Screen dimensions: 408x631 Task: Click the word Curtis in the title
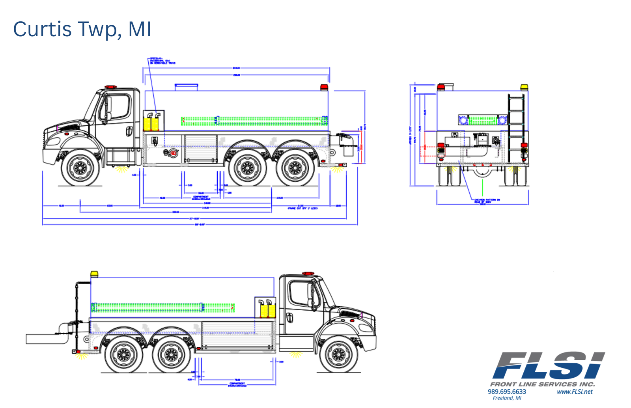pyautogui.click(x=42, y=29)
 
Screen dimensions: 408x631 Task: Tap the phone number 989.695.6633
pyautogui.click(x=507, y=391)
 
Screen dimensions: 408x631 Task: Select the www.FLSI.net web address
pyautogui.click(x=575, y=391)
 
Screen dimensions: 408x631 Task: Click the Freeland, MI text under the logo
pyautogui.click(x=507, y=398)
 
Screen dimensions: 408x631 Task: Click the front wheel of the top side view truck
pyautogui.click(x=80, y=168)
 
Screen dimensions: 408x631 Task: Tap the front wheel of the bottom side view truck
pyautogui.click(x=339, y=354)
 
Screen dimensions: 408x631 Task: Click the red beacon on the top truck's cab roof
pyautogui.click(x=110, y=87)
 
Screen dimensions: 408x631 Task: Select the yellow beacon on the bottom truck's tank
pyautogui.click(x=94, y=274)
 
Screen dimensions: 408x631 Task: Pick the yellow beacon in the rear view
pyautogui.click(x=524, y=87)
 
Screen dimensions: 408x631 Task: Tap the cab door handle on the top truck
pyautogui.click(x=129, y=131)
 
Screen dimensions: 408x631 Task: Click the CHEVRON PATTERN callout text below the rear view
pyautogui.click(x=487, y=201)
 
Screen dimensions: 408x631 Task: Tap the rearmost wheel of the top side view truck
pyautogui.click(x=295, y=168)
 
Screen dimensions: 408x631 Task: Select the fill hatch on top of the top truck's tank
pyautogui.click(x=186, y=86)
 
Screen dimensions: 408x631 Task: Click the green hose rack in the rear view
pyautogui.click(x=483, y=119)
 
